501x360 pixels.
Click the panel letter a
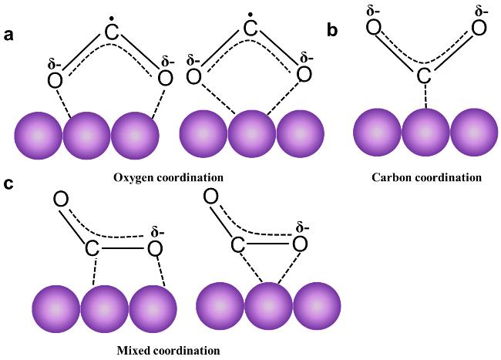point(8,35)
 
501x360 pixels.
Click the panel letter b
point(332,30)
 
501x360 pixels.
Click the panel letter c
point(8,184)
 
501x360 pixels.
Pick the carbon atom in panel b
point(424,76)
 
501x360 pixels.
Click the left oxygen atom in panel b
point(374,27)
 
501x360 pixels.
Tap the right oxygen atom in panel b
point(479,28)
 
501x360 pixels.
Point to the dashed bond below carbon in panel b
point(425,96)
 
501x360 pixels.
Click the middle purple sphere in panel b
point(425,133)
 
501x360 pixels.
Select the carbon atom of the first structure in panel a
point(112,32)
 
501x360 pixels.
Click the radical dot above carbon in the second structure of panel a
point(250,15)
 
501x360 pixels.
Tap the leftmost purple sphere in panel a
point(38,136)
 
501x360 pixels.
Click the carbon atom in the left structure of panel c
point(92,248)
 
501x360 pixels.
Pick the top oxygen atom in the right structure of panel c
point(211,196)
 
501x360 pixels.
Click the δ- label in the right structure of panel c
point(302,228)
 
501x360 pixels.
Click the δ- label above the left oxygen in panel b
point(373,12)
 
